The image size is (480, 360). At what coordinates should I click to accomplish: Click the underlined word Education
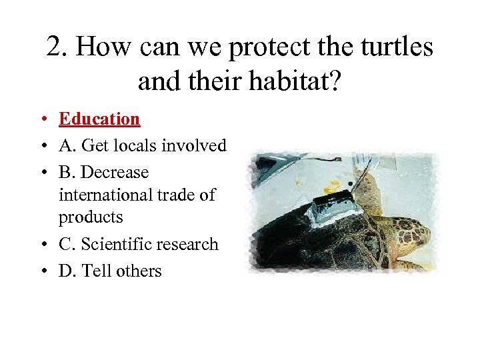point(99,119)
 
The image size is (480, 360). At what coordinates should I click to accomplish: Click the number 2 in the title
point(54,47)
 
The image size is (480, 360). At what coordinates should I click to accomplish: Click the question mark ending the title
point(334,81)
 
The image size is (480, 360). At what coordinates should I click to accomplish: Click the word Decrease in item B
point(113,172)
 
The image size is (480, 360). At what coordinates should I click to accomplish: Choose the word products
point(91,217)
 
